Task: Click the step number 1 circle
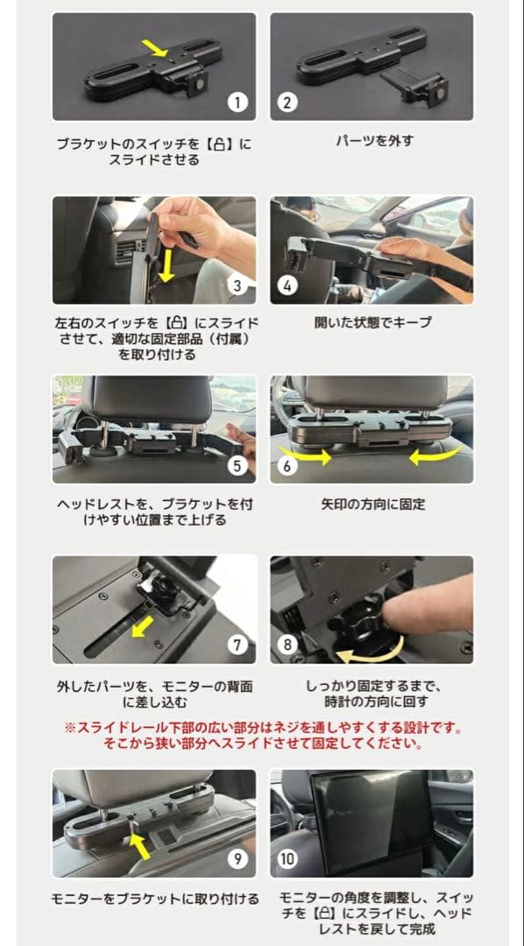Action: [237, 102]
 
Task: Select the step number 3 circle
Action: [237, 286]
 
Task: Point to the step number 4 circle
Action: [287, 286]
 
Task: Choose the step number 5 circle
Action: [237, 465]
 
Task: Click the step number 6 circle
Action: [287, 465]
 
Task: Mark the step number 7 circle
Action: [237, 645]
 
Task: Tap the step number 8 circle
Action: [287, 645]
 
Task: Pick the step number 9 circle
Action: [237, 858]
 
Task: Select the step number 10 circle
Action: [287, 858]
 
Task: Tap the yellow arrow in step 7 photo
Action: [139, 627]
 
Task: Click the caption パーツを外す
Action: [374, 140]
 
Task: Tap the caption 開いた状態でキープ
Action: [372, 322]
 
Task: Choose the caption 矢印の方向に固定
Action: [372, 505]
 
